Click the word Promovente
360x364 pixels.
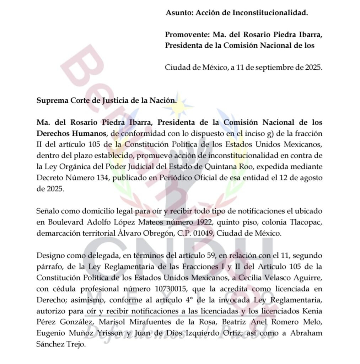click(187, 35)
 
